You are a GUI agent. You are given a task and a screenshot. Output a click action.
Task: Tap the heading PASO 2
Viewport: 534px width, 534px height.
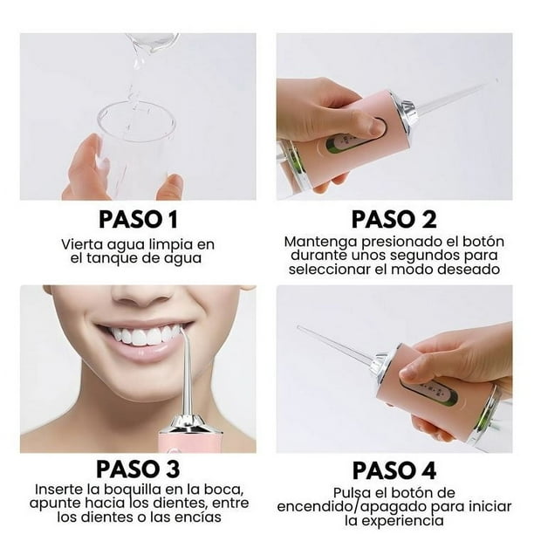pos(394,219)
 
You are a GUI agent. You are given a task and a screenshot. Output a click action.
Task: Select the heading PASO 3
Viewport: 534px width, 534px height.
pos(139,470)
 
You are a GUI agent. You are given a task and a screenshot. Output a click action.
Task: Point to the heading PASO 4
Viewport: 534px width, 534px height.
pos(394,470)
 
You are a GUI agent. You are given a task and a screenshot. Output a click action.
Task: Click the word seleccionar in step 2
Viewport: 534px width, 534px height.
pos(327,270)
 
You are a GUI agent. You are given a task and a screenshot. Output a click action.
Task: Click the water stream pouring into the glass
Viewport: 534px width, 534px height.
pos(135,74)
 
